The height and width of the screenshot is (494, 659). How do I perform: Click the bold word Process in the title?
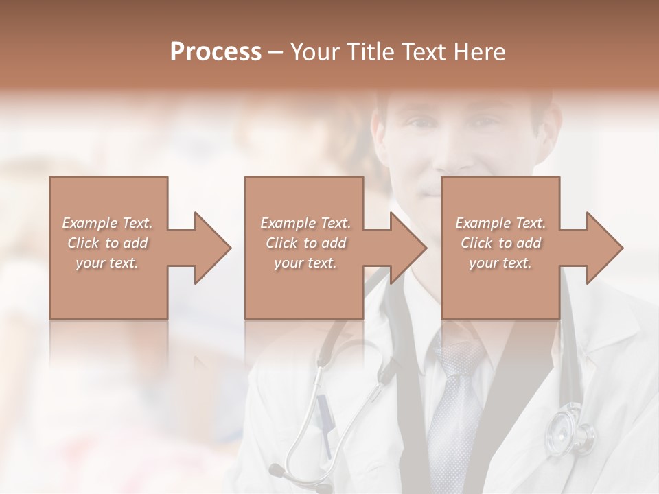point(216,52)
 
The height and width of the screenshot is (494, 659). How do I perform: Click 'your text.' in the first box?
point(107,263)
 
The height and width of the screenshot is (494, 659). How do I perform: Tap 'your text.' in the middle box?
point(305,263)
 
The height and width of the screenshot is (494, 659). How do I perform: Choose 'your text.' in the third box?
point(500,263)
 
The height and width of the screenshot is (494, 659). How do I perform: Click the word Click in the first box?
point(84,243)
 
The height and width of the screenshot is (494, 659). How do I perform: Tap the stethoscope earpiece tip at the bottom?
point(277,471)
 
